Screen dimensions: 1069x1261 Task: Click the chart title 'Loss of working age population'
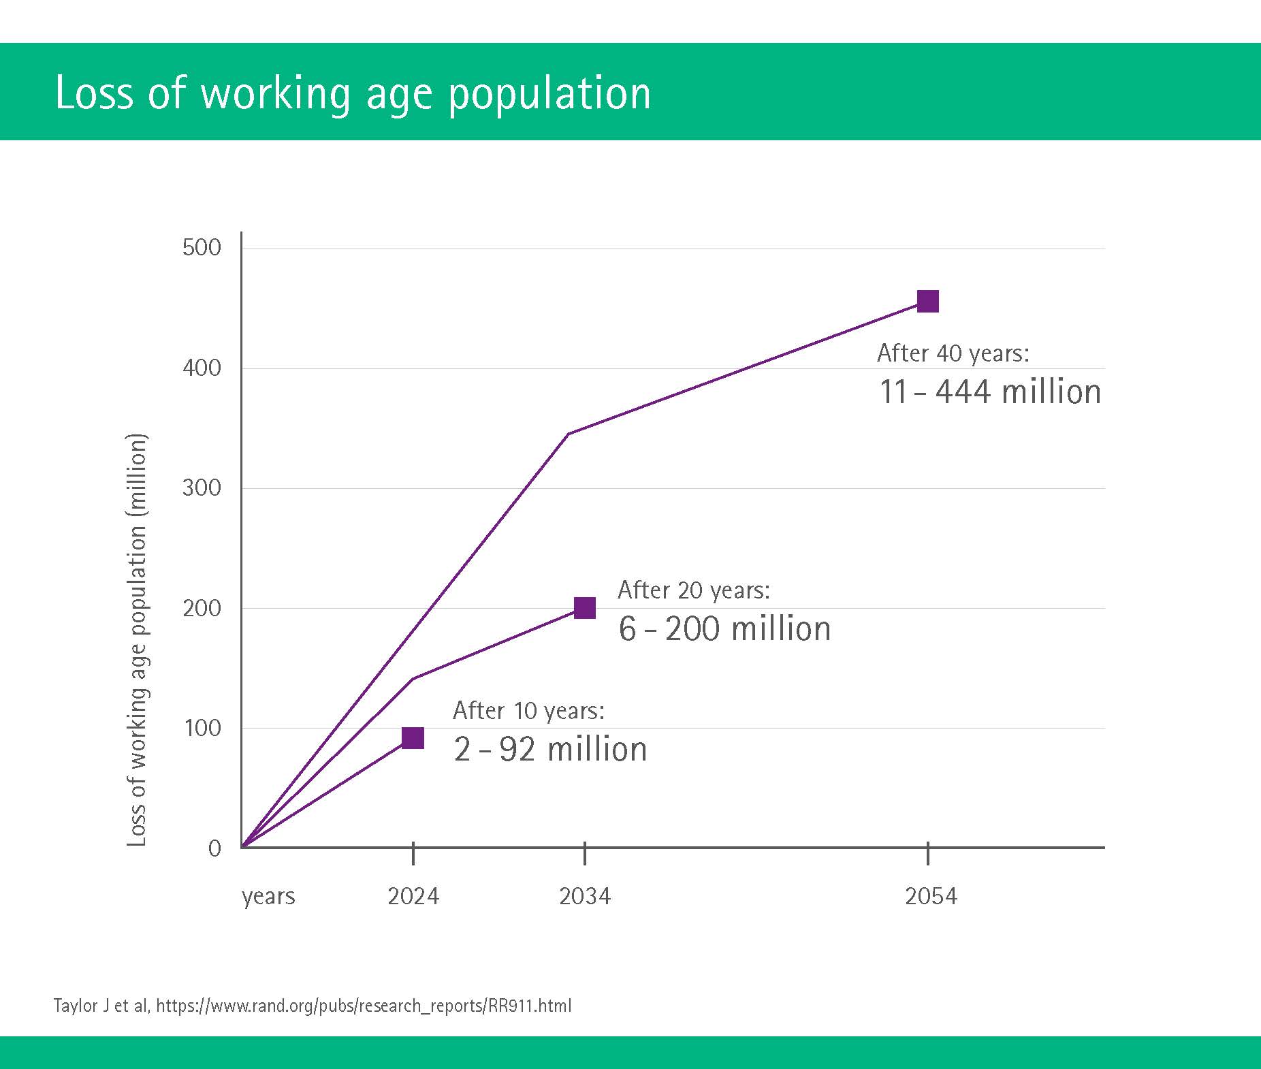353,93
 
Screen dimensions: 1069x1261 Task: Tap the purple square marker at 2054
928,301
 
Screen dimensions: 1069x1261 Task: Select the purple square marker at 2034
585,608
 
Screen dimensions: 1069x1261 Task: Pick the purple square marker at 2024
413,738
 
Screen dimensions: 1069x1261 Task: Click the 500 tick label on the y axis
202,248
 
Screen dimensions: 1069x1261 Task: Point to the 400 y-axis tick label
202,368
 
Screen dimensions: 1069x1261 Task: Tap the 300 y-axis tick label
202,488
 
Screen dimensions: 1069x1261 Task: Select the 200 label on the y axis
202,608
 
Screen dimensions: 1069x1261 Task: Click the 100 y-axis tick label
203,728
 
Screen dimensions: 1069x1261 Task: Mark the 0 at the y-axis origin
214,848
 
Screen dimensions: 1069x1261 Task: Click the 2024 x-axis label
413,896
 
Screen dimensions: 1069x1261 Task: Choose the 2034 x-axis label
585,896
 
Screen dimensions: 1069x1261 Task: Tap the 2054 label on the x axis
931,896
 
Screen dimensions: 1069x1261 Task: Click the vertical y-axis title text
137,640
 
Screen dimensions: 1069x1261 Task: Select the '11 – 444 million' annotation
990,392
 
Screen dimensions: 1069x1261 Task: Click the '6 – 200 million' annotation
724,628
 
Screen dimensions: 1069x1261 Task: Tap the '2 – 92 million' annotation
550,750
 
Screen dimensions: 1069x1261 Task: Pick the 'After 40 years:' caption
953,353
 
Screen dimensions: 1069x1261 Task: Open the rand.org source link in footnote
364,1006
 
